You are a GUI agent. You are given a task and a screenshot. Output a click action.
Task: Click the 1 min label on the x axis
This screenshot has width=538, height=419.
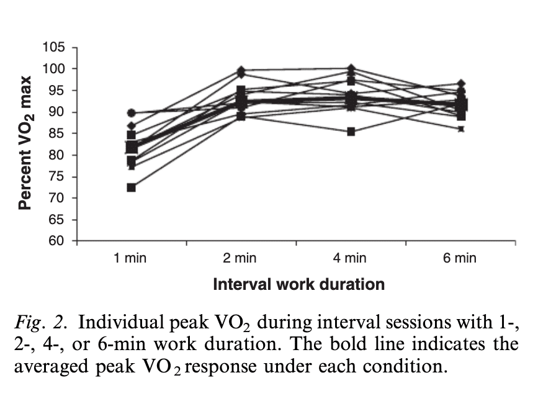[x=131, y=258]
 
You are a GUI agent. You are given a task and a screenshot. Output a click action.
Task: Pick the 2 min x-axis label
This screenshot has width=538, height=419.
[x=241, y=258]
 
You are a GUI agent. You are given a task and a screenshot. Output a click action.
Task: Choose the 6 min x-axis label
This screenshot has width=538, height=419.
[x=460, y=258]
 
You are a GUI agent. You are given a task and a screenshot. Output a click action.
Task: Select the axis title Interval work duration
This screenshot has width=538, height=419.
[x=298, y=285]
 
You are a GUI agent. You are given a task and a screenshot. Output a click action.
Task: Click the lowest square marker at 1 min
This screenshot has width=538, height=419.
[x=132, y=187]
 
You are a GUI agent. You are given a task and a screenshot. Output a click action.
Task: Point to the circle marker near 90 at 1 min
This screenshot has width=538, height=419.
[x=131, y=113]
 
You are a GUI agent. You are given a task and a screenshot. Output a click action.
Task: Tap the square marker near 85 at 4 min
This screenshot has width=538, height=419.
[x=351, y=132]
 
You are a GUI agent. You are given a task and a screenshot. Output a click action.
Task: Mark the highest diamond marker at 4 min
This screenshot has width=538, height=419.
[x=351, y=68]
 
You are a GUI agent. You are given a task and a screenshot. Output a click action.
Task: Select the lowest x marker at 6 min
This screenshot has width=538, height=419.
[x=460, y=129]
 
